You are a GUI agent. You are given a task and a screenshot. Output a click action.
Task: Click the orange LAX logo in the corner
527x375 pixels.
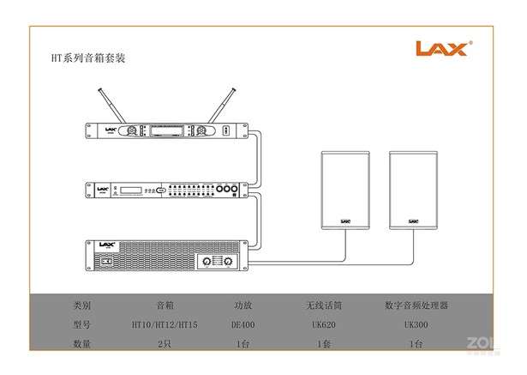(442, 48)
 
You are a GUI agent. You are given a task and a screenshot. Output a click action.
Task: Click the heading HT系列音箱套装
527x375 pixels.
(95, 58)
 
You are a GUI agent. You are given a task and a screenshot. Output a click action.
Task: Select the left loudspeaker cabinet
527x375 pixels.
(345, 191)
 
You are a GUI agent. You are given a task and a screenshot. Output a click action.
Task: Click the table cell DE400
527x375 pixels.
(243, 324)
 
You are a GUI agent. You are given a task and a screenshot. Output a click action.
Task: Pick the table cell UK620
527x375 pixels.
(324, 324)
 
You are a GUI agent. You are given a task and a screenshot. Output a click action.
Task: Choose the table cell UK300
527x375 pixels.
(417, 324)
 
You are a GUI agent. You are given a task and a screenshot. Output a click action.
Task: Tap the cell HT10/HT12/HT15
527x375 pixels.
(165, 324)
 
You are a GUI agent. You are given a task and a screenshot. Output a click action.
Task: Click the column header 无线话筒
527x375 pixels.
(324, 305)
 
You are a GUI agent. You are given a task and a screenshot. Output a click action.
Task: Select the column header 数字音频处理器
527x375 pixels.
(417, 305)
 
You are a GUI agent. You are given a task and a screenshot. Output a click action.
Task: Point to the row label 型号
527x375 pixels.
(82, 324)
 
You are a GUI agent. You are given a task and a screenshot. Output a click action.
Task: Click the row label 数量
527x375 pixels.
(82, 344)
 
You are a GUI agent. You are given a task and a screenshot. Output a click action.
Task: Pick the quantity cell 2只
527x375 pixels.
(165, 344)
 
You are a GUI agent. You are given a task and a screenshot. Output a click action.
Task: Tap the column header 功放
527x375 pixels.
(243, 305)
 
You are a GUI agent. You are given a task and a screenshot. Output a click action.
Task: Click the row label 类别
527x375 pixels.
(82, 305)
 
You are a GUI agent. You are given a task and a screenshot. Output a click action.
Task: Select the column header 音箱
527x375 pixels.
(165, 305)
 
